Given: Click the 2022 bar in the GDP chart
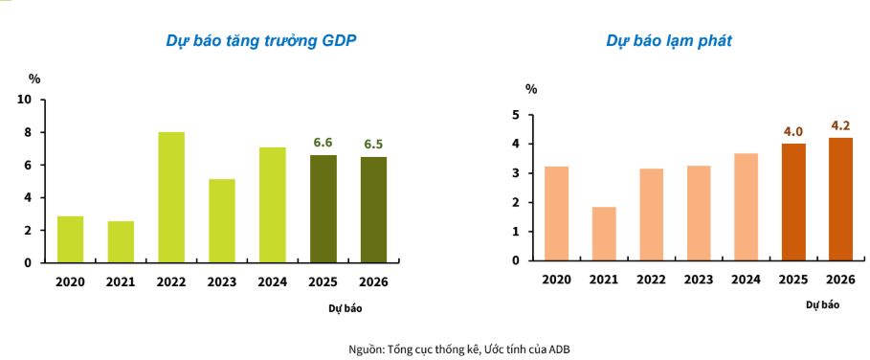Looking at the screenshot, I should click(x=171, y=197).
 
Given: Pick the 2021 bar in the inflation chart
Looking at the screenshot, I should click(x=604, y=234).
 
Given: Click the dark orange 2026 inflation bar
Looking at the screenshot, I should click(x=840, y=199).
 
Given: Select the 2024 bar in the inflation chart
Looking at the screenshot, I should click(x=747, y=207).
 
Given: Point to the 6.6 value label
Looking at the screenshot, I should click(x=323, y=143).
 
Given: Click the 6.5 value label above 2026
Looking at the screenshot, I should click(x=373, y=145).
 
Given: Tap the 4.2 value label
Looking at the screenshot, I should click(x=840, y=125).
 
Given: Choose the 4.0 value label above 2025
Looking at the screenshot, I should click(x=792, y=131).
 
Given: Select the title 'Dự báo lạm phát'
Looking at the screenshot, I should click(x=669, y=41).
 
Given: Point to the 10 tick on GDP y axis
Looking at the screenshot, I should click(x=25, y=100).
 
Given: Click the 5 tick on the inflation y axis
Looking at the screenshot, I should click(x=515, y=115).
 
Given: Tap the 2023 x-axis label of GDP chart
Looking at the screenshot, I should click(x=221, y=281).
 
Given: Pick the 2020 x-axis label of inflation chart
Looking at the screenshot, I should click(x=556, y=279).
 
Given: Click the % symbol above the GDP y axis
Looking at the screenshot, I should click(x=35, y=79).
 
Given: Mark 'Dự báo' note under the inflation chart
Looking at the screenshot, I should click(x=822, y=304).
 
